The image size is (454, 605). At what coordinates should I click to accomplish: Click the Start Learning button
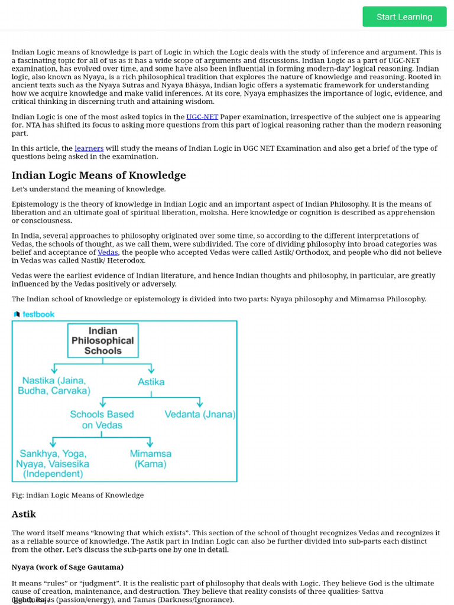[x=404, y=17]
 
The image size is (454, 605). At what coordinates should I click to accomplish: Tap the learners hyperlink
[x=89, y=148]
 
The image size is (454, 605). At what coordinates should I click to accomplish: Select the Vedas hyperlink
[x=108, y=252]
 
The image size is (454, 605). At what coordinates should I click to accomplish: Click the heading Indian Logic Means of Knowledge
[x=99, y=175]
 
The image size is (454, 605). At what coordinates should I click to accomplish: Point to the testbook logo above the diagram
[x=34, y=314]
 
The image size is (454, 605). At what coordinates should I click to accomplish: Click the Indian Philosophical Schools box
[x=103, y=340]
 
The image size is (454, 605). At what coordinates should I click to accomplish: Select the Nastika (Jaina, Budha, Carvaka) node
[x=54, y=386]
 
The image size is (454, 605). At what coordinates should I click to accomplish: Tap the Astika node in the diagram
[x=151, y=382]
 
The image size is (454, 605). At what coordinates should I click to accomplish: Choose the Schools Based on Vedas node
[x=102, y=419]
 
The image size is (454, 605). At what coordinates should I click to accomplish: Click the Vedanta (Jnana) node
[x=200, y=414]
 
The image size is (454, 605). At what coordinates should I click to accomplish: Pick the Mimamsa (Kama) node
[x=151, y=458]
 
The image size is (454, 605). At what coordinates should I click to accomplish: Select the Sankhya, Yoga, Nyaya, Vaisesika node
[x=53, y=464]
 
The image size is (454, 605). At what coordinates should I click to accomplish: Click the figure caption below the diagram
[x=77, y=495]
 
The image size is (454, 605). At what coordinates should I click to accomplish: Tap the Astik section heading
[x=24, y=514]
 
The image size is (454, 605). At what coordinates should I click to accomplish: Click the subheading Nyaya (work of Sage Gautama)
[x=67, y=567]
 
